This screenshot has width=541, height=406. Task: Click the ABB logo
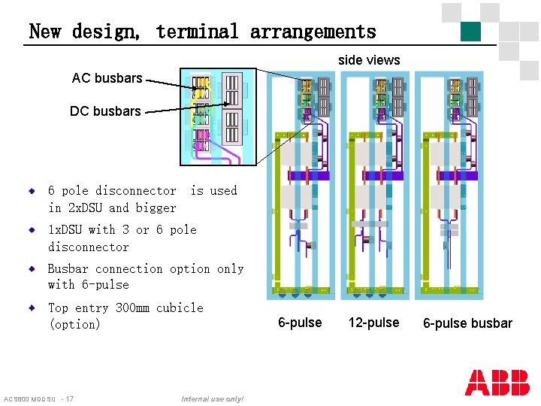[497, 383]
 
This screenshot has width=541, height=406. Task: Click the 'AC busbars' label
[107, 78]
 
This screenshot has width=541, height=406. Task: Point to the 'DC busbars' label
[105, 111]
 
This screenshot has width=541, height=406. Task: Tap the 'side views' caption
[369, 60]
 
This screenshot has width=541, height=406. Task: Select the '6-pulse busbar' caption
[467, 323]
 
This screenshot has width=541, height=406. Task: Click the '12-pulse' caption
[373, 323]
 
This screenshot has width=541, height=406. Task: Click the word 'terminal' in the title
[197, 32]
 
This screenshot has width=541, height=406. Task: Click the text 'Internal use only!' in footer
[213, 398]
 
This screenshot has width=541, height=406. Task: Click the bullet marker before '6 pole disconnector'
[32, 191]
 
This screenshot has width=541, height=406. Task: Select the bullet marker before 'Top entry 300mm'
[32, 308]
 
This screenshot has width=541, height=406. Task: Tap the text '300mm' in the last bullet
[132, 308]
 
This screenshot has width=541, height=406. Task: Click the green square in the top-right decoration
[470, 31]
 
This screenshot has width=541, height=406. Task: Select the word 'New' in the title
[44, 32]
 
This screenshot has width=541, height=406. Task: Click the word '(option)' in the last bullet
[74, 325]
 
